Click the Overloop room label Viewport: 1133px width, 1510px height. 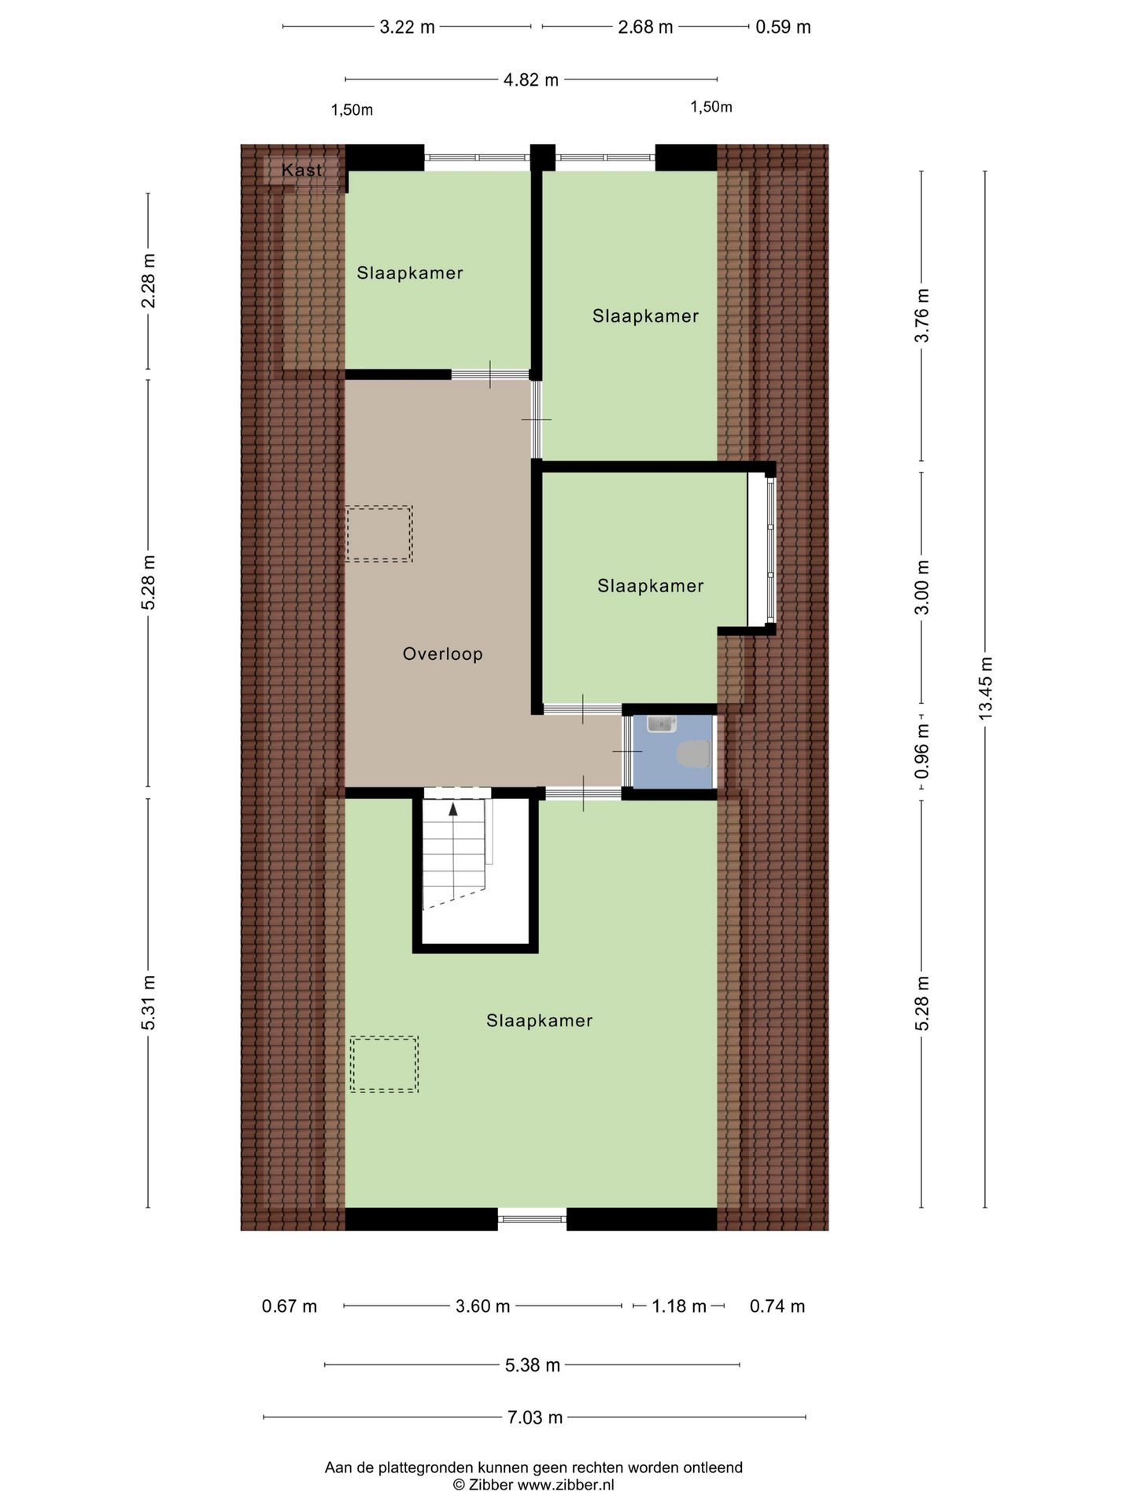pos(442,654)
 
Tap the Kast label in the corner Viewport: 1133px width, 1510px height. pos(301,170)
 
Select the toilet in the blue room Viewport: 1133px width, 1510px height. pos(693,753)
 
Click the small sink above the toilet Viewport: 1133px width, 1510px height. pos(662,724)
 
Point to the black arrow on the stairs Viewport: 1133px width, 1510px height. pos(453,808)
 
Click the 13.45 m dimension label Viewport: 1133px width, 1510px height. pos(985,688)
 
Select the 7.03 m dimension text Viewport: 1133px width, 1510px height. pos(534,1417)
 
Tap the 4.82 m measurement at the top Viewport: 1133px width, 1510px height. pos(530,79)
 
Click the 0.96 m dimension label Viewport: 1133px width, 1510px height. pos(922,751)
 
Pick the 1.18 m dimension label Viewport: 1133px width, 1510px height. pos(679,1306)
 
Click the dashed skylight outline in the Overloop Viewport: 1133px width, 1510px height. pos(379,534)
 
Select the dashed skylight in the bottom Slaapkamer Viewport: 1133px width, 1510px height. pos(385,1064)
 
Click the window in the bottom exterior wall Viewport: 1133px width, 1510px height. pos(532,1219)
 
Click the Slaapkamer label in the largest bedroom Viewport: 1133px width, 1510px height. pos(539,1021)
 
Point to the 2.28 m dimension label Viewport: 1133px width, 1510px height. pos(148,281)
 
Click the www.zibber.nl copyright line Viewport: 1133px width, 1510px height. pos(533,1485)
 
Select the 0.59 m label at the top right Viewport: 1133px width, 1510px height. pos(782,27)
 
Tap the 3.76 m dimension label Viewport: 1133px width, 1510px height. pos(922,315)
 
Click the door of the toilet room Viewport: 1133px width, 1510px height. pos(627,752)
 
